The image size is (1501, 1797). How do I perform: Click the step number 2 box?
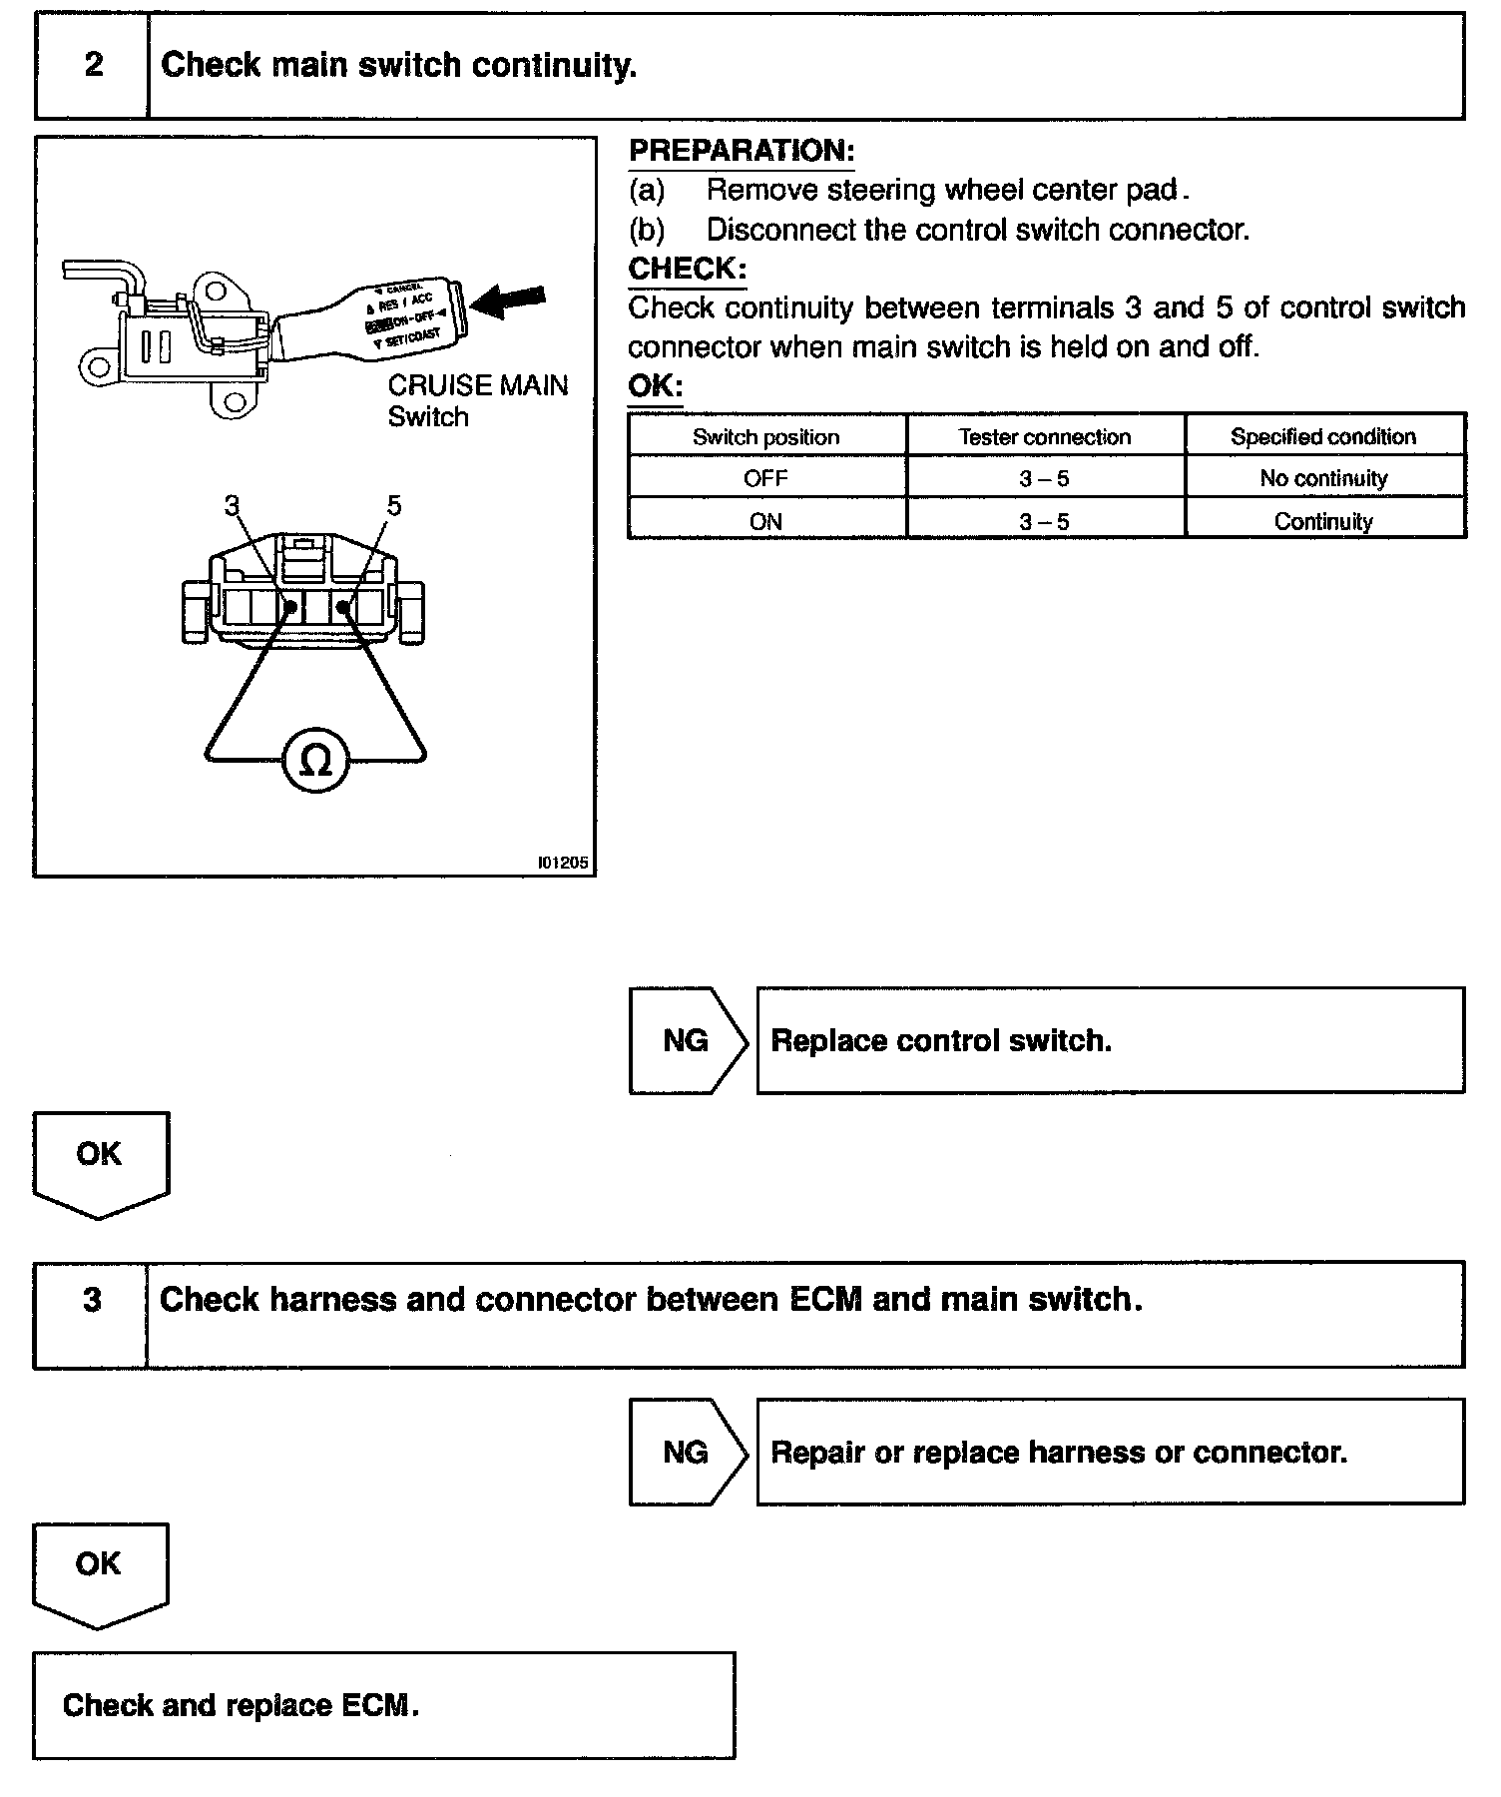pos(92,66)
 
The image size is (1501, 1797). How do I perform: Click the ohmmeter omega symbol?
pos(315,761)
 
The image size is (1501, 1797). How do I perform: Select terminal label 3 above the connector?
pos(232,506)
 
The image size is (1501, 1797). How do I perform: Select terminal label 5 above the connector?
pos(393,506)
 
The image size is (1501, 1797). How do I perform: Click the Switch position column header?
pos(766,436)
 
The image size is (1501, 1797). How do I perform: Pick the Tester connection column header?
pos(1045,436)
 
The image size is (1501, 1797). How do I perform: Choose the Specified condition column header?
pos(1323,436)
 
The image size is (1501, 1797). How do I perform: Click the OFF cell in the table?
pos(766,478)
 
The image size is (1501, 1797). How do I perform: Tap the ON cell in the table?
pos(766,521)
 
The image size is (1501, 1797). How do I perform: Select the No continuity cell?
pos(1323,478)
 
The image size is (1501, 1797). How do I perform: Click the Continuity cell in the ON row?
pos(1323,521)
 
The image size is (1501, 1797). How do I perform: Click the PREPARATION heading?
pos(742,152)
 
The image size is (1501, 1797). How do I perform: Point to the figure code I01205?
pos(562,863)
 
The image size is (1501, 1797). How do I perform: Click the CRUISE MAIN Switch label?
pos(477,400)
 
